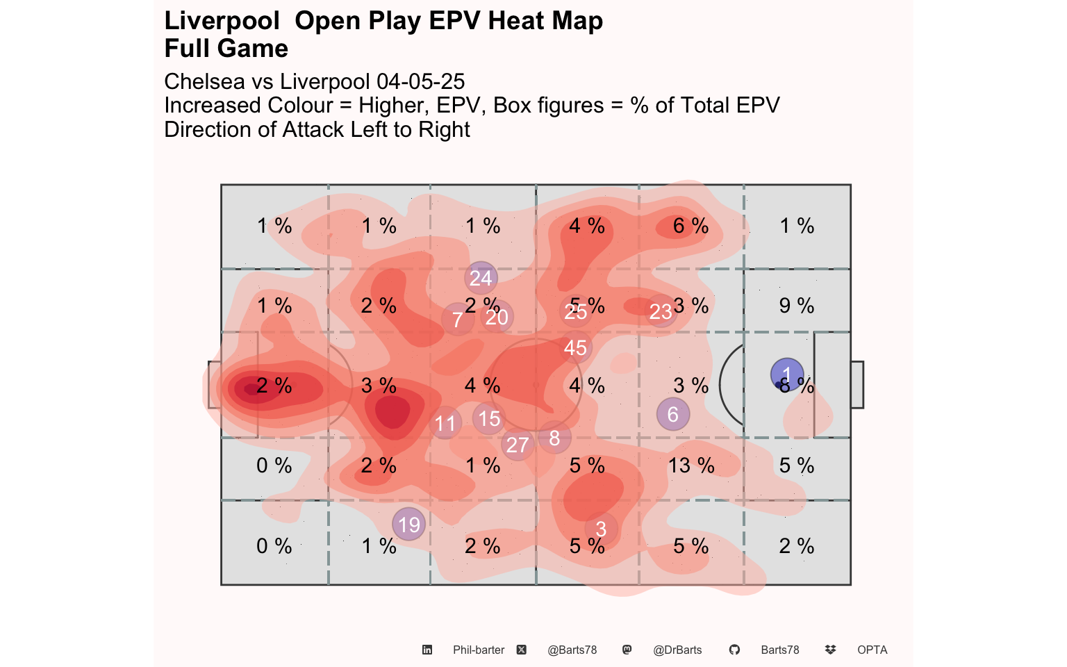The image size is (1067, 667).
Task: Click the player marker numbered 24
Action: click(481, 278)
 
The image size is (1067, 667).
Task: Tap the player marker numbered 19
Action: click(409, 524)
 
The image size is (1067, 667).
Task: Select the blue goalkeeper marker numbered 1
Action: click(787, 374)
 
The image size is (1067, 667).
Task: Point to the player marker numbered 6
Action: click(672, 415)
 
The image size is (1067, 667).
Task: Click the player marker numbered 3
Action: click(601, 529)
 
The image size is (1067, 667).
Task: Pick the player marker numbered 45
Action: click(575, 347)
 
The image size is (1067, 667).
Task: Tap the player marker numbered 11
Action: click(445, 423)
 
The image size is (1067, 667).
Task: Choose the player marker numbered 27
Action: click(518, 445)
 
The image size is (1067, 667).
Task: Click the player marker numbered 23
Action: click(661, 311)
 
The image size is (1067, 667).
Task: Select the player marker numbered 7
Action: click(457, 320)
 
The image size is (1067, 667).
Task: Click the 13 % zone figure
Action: click(691, 465)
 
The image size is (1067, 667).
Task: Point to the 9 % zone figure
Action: click(796, 305)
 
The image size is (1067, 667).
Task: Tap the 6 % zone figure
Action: click(691, 225)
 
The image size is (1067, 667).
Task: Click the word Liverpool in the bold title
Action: click(222, 21)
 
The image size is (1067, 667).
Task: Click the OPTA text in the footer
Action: click(872, 650)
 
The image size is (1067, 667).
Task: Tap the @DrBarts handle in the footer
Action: click(677, 650)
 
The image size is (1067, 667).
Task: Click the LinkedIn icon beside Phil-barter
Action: click(427, 650)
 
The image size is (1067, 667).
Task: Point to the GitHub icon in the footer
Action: click(734, 650)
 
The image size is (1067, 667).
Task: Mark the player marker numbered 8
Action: click(554, 438)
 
